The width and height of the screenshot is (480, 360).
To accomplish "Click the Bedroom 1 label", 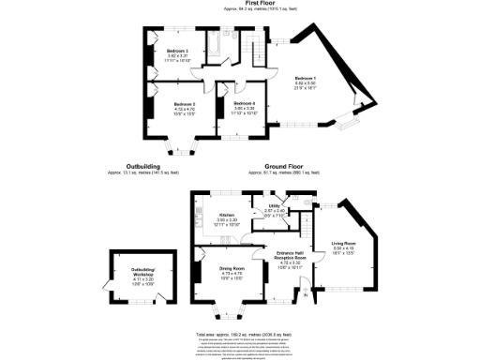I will [306, 79].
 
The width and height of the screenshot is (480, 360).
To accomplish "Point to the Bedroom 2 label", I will [183, 104].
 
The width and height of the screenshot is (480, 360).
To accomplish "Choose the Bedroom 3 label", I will [178, 51].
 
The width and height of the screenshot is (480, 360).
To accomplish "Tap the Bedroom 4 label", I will [244, 104].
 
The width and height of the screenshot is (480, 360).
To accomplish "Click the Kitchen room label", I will [226, 216].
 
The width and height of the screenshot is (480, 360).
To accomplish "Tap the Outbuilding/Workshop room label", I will [142, 273].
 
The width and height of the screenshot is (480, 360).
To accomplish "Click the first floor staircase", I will [255, 51].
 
